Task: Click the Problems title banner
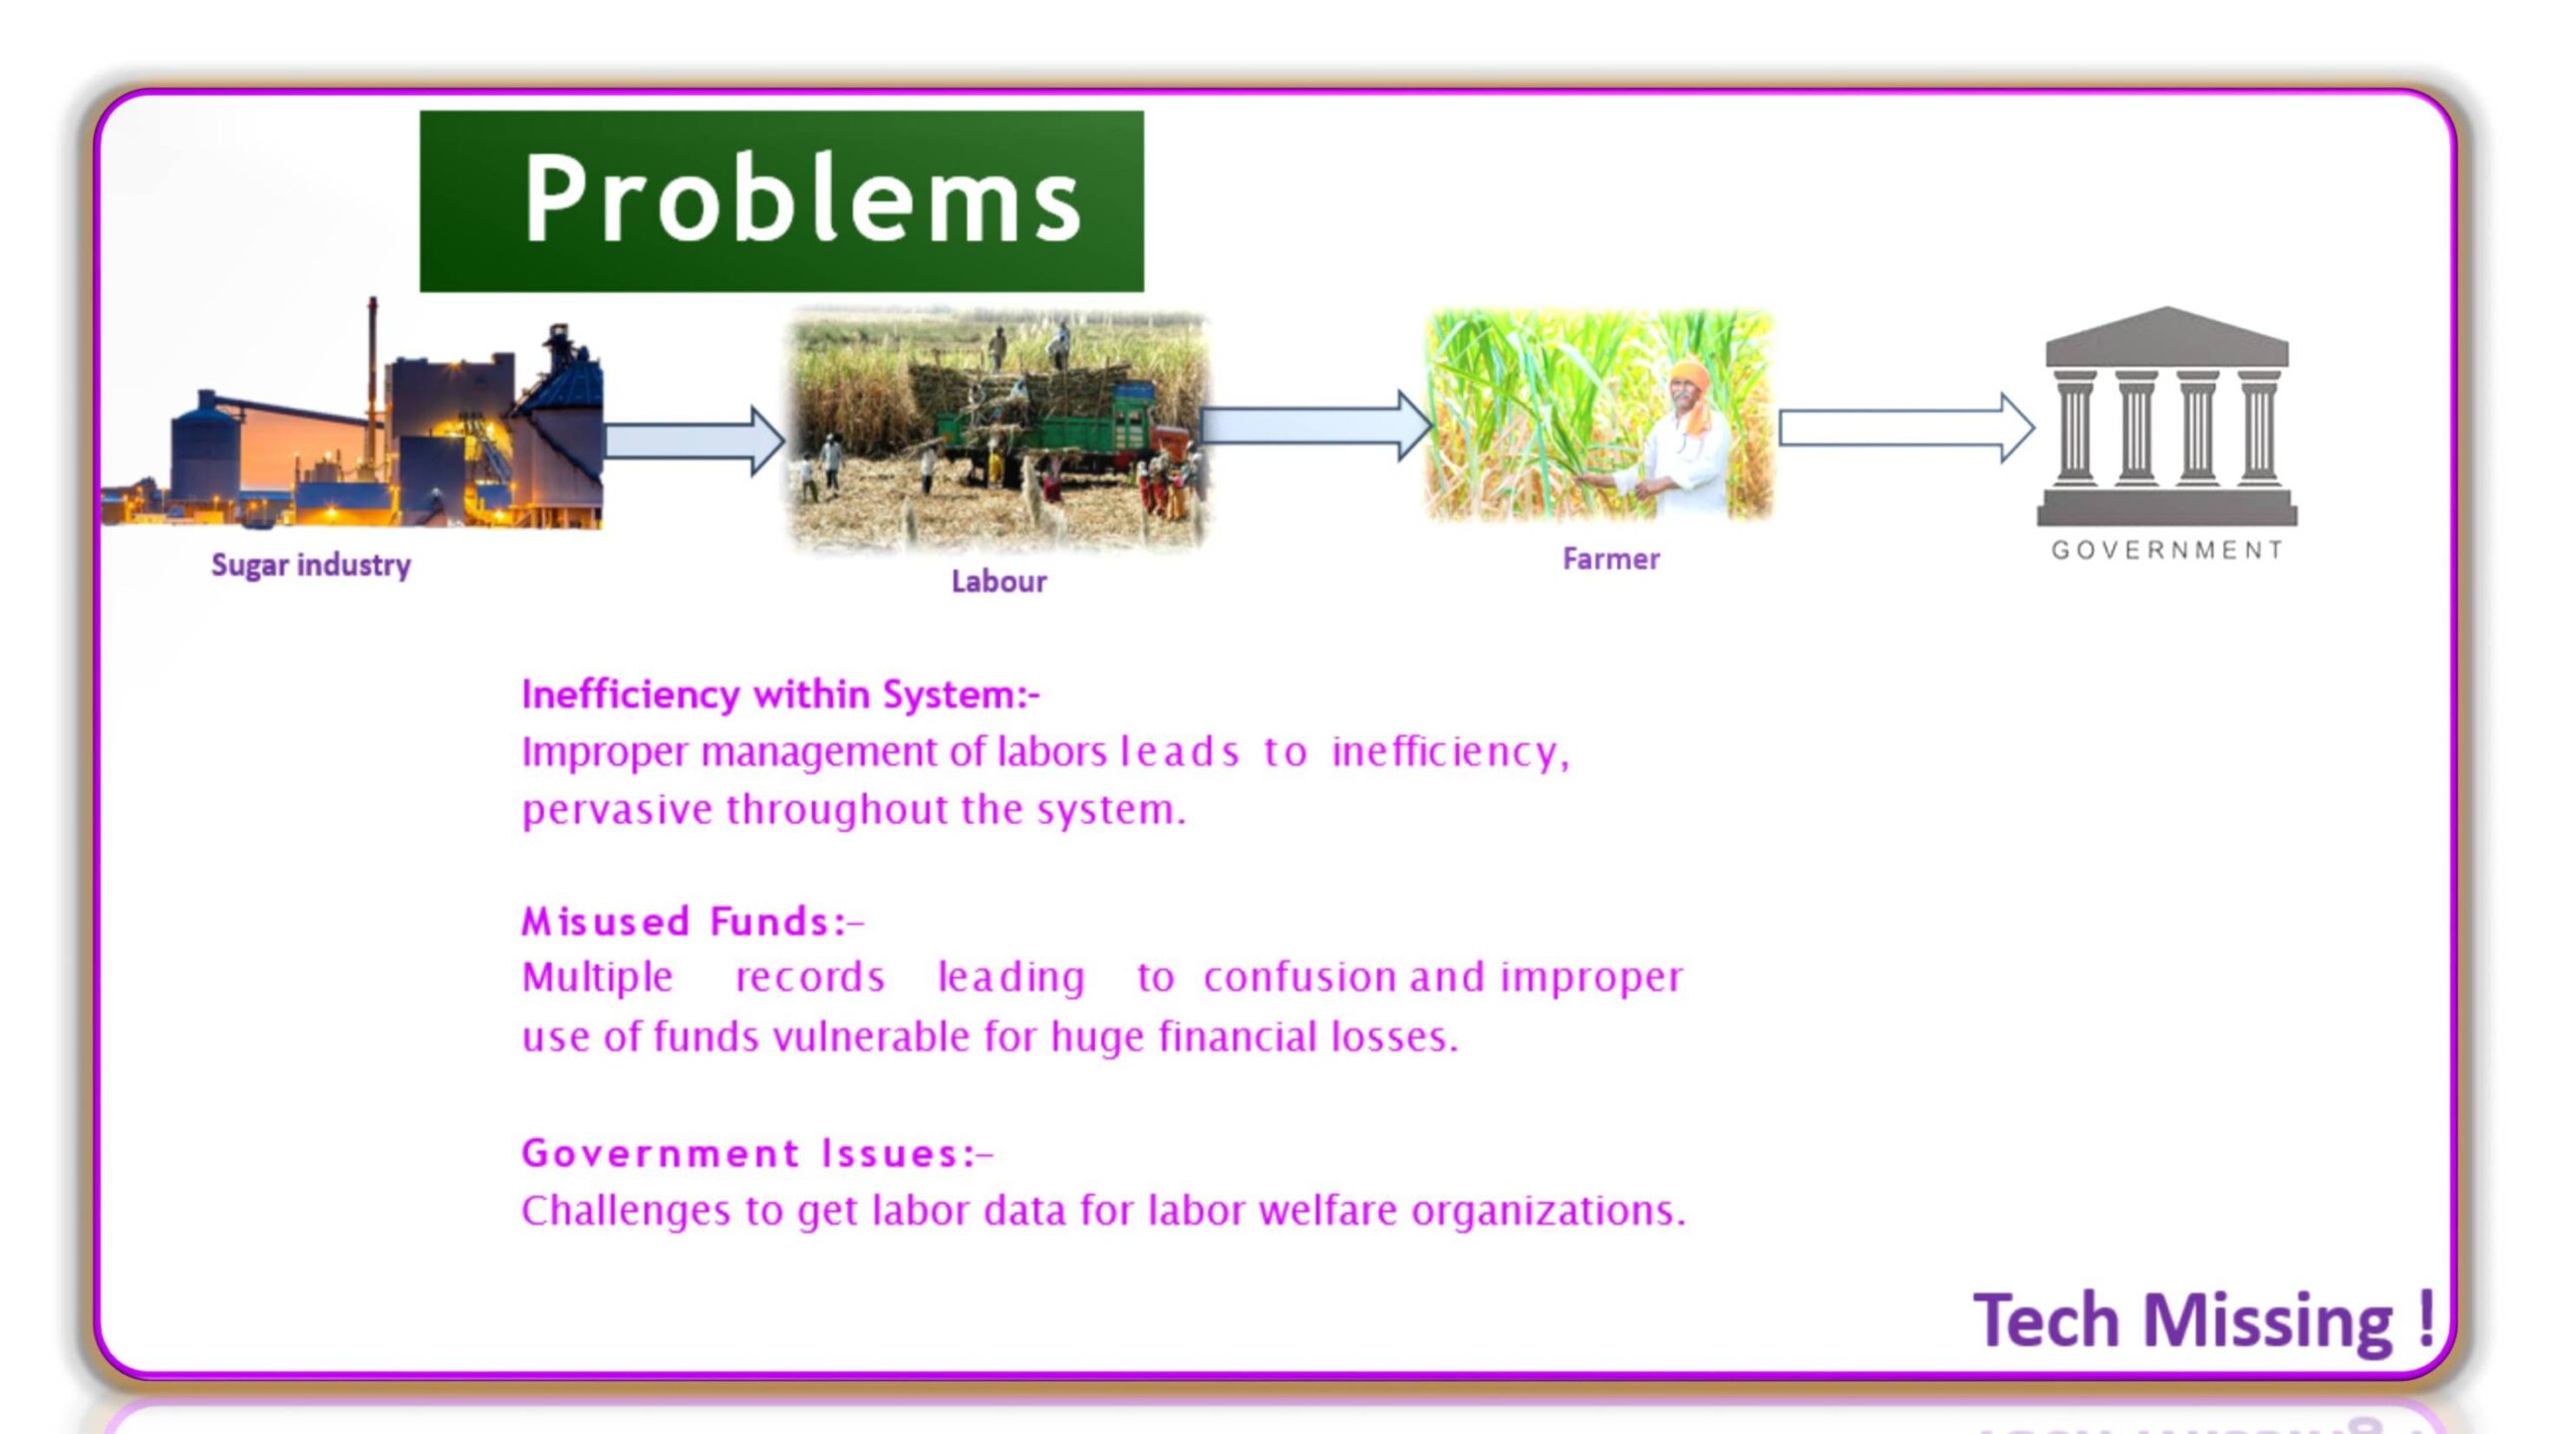[x=781, y=200]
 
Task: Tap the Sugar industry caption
[x=311, y=565]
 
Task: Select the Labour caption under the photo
[x=998, y=581]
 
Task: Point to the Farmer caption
[x=1610, y=559]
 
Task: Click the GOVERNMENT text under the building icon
[x=2167, y=550]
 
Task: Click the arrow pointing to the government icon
[x=1906, y=429]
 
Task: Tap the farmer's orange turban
[x=1689, y=376]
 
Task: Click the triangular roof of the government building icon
[x=2166, y=335]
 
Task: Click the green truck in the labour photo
[x=1036, y=430]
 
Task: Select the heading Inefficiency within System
[x=780, y=695]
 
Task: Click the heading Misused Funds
[x=693, y=922]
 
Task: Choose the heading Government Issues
[x=757, y=1153]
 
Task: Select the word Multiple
[x=598, y=978]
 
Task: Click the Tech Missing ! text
[x=2204, y=1321]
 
